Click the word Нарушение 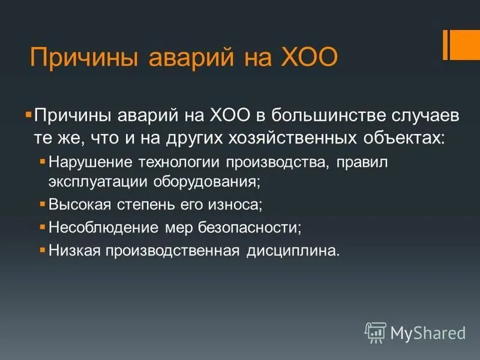(x=91, y=162)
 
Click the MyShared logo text (x=427, y=332)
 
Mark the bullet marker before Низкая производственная (x=42, y=250)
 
